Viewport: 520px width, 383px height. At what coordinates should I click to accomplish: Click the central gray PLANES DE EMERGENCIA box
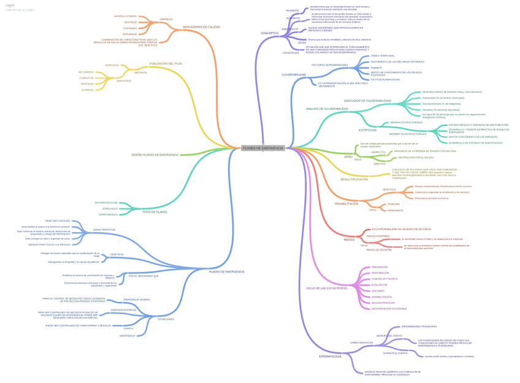point(263,148)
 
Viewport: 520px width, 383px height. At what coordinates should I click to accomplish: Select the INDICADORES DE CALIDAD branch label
point(201,27)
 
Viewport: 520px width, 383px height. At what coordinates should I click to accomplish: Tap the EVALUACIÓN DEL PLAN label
point(166,63)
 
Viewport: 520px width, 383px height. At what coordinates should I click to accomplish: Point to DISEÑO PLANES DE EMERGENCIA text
point(155,155)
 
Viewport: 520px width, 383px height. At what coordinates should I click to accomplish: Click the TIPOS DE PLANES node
point(155,212)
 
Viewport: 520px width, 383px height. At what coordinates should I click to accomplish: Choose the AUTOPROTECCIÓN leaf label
point(105,203)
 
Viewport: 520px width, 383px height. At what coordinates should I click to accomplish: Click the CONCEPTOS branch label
point(269,33)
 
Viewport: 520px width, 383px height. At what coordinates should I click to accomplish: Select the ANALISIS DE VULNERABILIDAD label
point(327,109)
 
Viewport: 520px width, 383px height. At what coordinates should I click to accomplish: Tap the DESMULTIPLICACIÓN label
point(354,179)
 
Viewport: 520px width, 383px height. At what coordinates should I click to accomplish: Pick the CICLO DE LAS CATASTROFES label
point(327,288)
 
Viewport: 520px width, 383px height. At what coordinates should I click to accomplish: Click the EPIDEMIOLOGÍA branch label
point(330,356)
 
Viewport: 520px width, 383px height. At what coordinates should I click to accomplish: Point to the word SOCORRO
point(378,291)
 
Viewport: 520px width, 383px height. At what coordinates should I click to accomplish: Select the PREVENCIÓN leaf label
point(380,267)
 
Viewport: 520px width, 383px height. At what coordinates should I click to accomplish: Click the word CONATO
point(129,328)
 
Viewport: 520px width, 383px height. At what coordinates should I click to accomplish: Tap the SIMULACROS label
point(124,80)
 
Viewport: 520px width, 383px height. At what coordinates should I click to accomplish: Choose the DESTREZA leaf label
point(130,22)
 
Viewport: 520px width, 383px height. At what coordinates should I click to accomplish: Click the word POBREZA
point(377,68)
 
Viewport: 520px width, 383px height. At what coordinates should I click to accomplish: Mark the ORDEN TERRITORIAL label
point(383,56)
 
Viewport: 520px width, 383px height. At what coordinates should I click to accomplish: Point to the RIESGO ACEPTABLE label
point(378,236)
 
